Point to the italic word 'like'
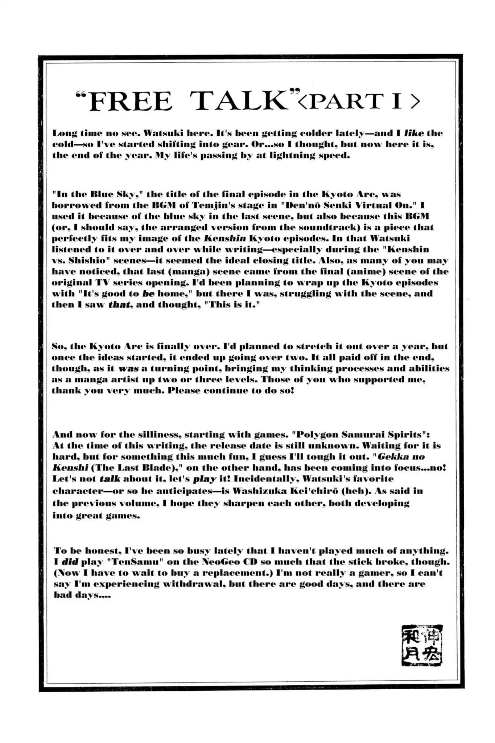[x=413, y=133]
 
